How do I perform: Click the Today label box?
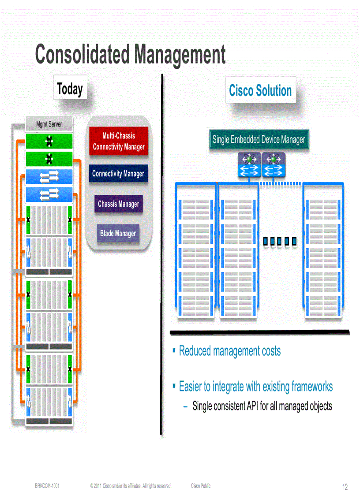[70, 89]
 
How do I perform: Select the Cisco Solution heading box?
[260, 91]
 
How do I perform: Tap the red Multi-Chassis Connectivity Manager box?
[119, 141]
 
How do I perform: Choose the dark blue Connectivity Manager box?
[118, 174]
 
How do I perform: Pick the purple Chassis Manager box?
[118, 204]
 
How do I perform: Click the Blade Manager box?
[118, 233]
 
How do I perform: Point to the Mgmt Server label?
[49, 125]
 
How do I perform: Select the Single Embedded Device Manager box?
[259, 140]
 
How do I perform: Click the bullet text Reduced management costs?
[229, 351]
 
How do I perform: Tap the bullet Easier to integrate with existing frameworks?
[255, 387]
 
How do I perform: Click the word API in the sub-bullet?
[252, 406]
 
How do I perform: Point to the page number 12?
[345, 487]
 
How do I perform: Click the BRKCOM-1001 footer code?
[47, 486]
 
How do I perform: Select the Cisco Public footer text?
[201, 486]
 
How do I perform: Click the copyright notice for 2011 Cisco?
[130, 486]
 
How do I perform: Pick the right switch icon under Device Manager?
[274, 165]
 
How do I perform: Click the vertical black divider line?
[162, 256]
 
